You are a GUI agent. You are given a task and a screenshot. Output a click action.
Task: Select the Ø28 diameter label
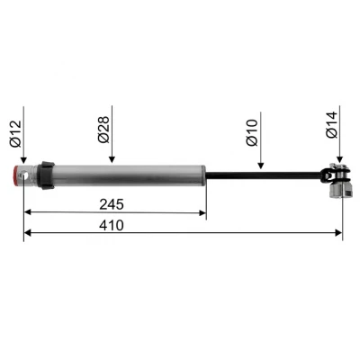[x=104, y=131]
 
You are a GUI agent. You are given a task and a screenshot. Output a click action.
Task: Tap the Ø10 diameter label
[x=253, y=131]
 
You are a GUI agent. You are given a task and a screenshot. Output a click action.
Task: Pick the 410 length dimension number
[x=114, y=224]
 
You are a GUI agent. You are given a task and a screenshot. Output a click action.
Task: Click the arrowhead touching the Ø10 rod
[x=260, y=167]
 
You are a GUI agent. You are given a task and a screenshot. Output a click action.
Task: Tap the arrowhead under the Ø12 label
[x=24, y=162]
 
